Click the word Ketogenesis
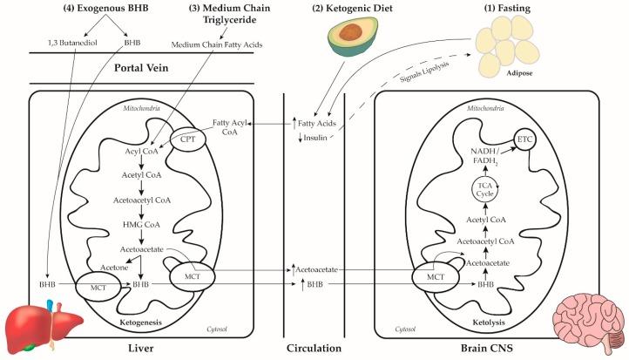click(x=132, y=323)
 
